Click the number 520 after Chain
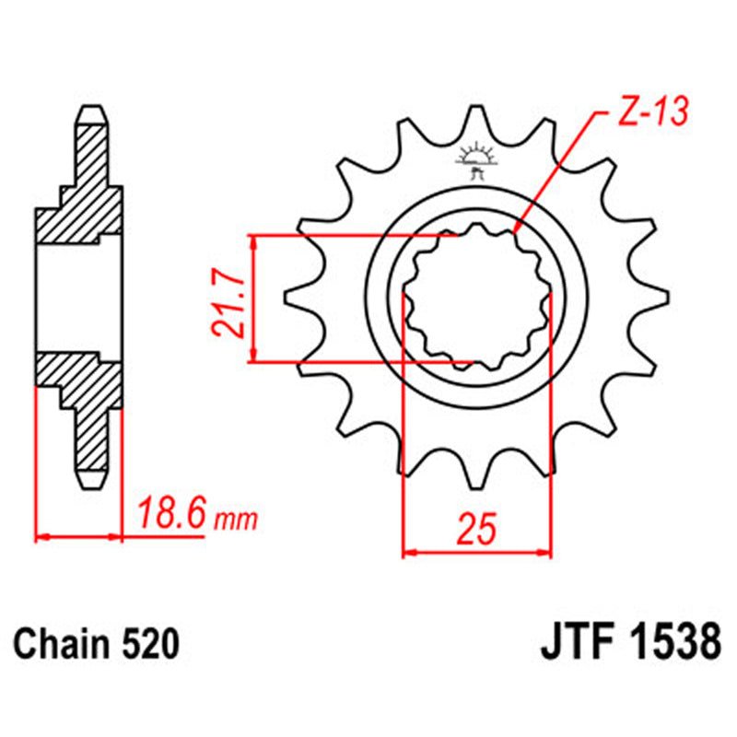148,642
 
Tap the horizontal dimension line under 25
478,554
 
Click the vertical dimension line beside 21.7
256,299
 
